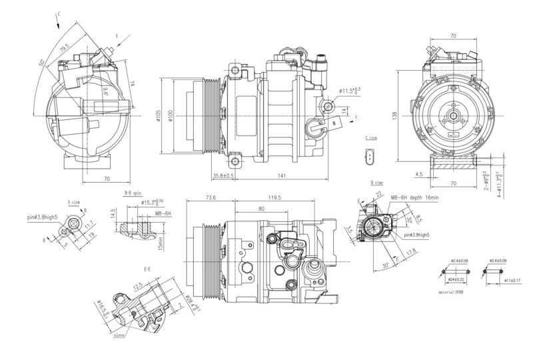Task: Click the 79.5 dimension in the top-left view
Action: pos(65,47)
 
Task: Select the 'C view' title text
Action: pos(372,137)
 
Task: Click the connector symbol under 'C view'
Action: pos(370,158)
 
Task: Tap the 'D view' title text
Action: pos(377,182)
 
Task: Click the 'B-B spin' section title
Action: pos(133,192)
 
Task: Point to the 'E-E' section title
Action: pos(148,270)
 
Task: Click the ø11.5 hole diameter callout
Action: pos(349,90)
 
